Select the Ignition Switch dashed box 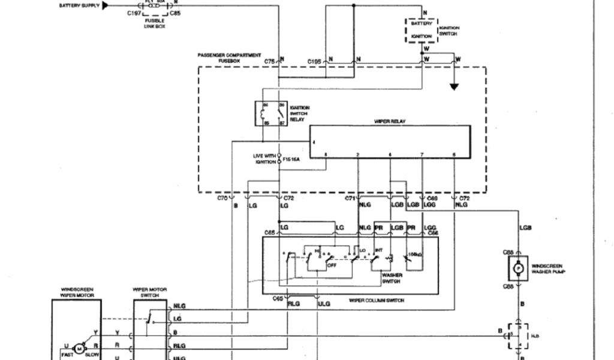(x=422, y=29)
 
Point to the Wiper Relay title (x=390, y=122)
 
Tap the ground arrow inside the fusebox (x=454, y=86)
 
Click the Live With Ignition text (x=264, y=158)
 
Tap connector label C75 (x=270, y=61)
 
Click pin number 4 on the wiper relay (x=313, y=142)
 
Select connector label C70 (x=223, y=197)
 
